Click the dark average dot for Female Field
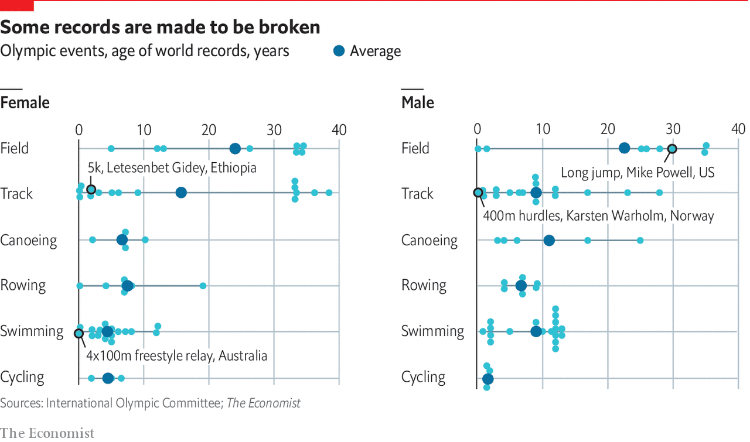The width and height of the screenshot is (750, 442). coord(235,149)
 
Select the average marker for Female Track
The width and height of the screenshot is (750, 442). coord(181,193)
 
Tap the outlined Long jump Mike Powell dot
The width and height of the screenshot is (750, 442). coord(673,149)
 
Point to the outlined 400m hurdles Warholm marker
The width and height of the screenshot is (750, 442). coord(478,192)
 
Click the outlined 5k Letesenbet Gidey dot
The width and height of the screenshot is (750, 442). coord(91,189)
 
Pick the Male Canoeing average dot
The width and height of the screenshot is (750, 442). coord(549,240)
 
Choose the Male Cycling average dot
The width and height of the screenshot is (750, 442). coord(487,379)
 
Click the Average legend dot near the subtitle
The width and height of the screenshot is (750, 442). coord(339,51)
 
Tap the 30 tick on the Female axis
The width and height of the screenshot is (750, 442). coord(274,129)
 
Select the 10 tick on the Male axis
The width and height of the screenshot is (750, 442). coord(543,129)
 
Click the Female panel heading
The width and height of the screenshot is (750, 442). coord(25,103)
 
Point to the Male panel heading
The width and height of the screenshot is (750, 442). coord(418,103)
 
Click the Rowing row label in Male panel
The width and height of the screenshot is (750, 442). coord(424,286)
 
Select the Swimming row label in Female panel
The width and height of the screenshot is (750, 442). coord(32,331)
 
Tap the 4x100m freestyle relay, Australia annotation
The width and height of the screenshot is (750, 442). coord(176,355)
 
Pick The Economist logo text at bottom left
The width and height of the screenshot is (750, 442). coord(47,433)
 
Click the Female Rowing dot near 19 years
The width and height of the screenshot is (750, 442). coord(203,286)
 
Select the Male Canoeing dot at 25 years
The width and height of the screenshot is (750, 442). coord(640,240)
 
